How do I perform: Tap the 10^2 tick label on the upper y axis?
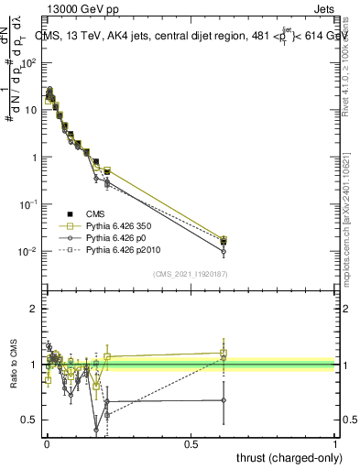click(x=30, y=63)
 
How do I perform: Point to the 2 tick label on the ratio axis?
click(x=35, y=309)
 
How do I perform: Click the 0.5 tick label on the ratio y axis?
click(x=30, y=420)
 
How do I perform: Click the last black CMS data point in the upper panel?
click(x=224, y=241)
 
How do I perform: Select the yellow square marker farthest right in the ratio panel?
click(x=224, y=353)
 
